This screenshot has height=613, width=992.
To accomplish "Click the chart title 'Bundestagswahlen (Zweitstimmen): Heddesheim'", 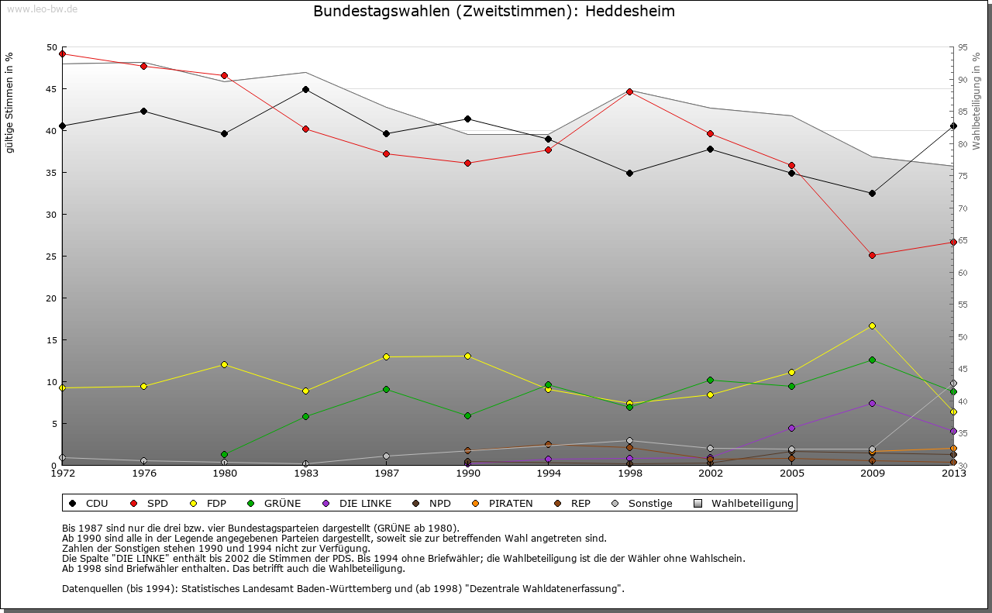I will point(494,12).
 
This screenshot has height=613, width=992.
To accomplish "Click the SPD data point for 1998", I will point(629,91).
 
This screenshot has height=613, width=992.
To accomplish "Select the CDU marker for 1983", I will point(305,89).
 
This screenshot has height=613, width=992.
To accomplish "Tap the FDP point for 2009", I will point(872,325).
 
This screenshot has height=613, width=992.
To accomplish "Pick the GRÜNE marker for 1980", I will point(224,454).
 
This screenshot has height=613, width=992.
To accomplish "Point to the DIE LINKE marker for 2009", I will point(872,403).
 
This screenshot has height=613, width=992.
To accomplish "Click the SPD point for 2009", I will point(872,255).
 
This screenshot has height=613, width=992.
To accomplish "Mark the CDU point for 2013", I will point(953,126).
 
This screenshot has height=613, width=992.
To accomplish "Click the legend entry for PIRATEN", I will point(502,504).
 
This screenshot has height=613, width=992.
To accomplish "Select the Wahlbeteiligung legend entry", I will point(744,504).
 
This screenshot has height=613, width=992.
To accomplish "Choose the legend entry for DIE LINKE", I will point(356,504).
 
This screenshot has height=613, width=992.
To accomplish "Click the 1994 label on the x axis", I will point(548,474).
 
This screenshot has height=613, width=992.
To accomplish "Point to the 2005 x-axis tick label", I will point(791,474).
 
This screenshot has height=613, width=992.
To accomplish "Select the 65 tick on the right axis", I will point(963,241).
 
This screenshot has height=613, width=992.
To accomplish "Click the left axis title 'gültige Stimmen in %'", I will point(9,102).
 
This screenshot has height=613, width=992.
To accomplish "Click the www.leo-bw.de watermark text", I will point(42,9).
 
